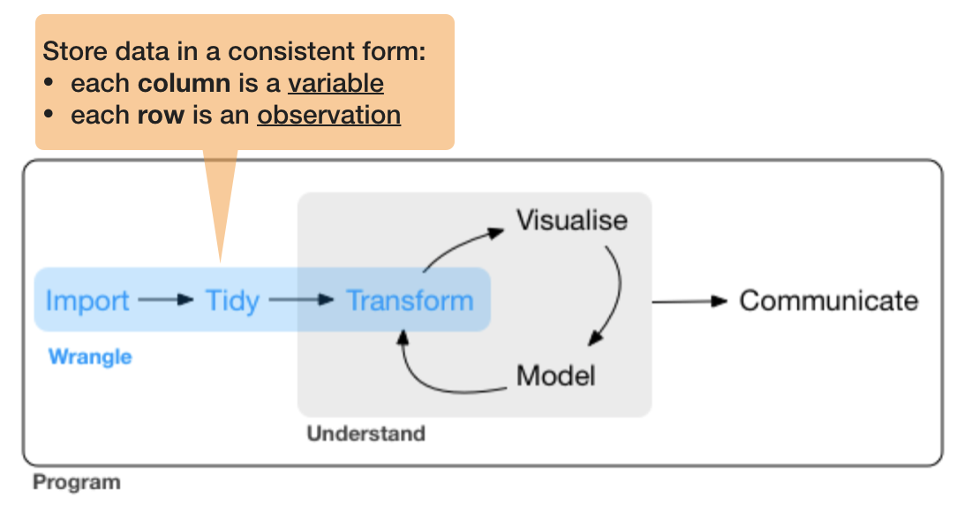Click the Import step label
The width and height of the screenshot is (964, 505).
click(87, 301)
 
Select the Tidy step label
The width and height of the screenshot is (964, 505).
click(232, 301)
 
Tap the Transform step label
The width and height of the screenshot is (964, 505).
click(410, 301)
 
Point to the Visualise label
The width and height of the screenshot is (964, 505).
click(572, 220)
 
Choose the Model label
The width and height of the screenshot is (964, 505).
click(555, 375)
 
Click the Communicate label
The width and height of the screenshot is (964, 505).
click(828, 301)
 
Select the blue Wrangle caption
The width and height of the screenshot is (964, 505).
click(90, 357)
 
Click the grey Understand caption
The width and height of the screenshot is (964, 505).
click(365, 433)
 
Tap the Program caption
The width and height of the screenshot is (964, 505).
click(76, 483)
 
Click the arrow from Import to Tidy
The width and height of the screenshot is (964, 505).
click(165, 300)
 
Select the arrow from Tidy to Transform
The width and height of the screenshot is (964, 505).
click(302, 300)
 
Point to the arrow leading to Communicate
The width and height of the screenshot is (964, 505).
click(689, 301)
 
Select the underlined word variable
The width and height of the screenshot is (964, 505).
click(335, 84)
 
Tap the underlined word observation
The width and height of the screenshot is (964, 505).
click(328, 115)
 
